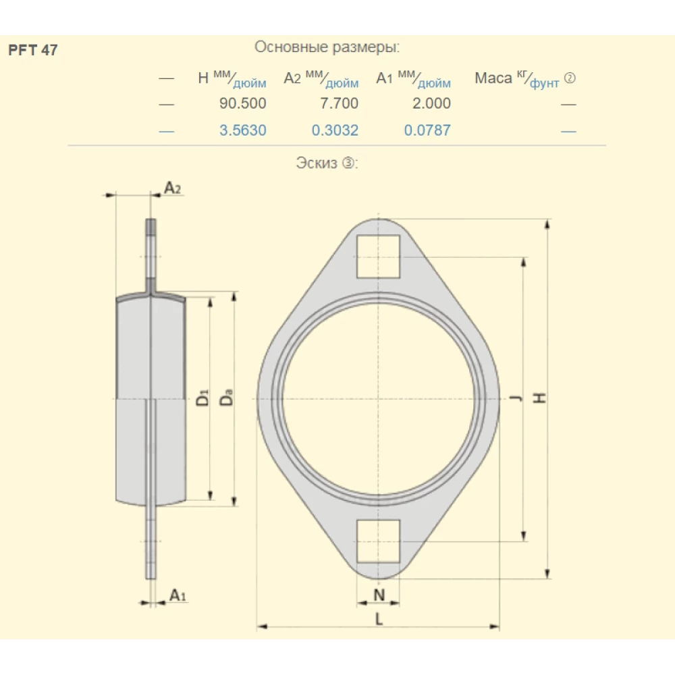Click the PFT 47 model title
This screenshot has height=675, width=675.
click(x=32, y=51)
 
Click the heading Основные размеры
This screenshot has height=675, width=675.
click(x=327, y=47)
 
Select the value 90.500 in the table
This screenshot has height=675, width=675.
click(x=243, y=104)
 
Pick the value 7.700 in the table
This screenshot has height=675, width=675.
click(x=335, y=104)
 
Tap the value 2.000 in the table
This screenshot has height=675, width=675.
click(x=427, y=104)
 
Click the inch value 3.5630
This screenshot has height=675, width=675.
click(x=243, y=130)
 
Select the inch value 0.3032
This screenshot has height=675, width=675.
click(x=335, y=130)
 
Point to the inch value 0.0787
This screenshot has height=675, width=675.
click(x=427, y=130)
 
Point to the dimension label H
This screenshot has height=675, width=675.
click(x=540, y=398)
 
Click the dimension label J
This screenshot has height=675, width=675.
click(x=516, y=399)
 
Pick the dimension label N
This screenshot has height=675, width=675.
click(x=379, y=595)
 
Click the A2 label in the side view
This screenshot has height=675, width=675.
click(x=173, y=188)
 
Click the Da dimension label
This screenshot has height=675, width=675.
click(x=227, y=398)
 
